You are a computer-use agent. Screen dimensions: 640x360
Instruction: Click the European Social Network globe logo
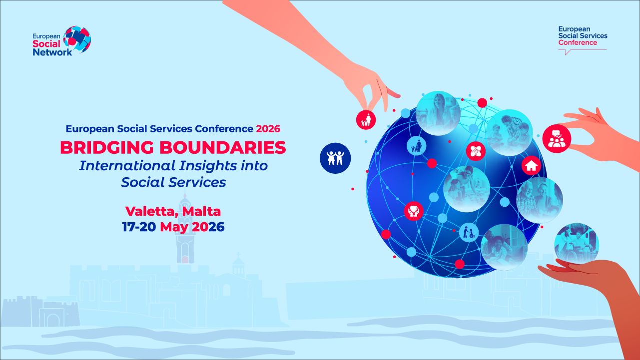click(x=77, y=39)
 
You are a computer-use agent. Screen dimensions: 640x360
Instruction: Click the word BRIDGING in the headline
click(x=107, y=148)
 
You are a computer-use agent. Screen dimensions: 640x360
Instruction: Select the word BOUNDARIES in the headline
click(x=222, y=148)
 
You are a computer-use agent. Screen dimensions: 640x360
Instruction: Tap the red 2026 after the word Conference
click(x=268, y=129)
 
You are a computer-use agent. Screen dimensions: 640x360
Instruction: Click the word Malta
click(x=201, y=211)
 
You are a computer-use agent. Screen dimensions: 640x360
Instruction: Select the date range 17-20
click(x=139, y=227)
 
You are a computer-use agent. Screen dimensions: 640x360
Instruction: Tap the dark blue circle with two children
click(x=335, y=158)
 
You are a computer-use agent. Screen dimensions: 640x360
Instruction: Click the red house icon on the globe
click(x=531, y=166)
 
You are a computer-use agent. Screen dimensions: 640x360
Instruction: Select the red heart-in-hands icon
click(x=414, y=211)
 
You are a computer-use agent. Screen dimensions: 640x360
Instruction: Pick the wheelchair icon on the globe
click(x=469, y=232)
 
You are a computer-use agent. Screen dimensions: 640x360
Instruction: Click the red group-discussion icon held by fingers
click(x=557, y=139)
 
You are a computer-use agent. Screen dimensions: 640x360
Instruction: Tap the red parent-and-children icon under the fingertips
click(x=366, y=120)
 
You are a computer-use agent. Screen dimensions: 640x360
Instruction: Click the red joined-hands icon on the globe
click(x=476, y=151)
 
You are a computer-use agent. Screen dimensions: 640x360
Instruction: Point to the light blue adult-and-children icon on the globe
click(x=416, y=146)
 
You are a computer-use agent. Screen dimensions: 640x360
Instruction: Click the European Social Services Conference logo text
click(x=583, y=36)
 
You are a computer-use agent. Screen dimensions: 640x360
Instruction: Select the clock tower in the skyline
click(x=185, y=228)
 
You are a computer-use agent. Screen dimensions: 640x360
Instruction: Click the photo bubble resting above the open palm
click(x=576, y=244)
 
